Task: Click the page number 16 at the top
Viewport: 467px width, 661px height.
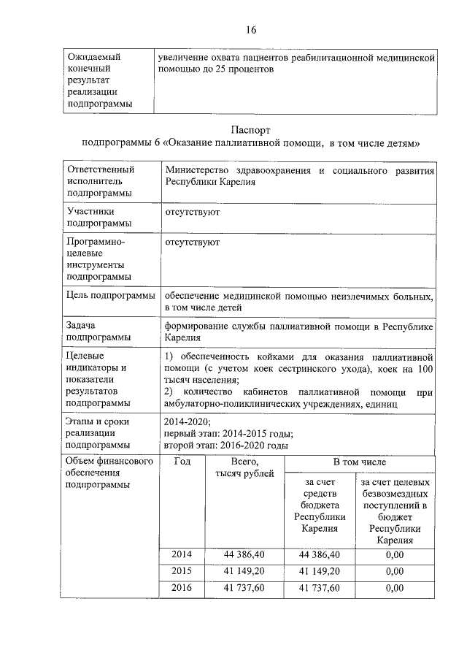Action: pos(250,30)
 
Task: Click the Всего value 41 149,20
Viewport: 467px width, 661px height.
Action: pos(244,571)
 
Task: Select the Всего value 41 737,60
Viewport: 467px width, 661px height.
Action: pos(244,587)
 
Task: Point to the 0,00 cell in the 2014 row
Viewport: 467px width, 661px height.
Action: pos(394,555)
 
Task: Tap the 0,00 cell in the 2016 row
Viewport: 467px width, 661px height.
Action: pos(394,587)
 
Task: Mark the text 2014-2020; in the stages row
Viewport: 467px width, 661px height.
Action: pos(189,421)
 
